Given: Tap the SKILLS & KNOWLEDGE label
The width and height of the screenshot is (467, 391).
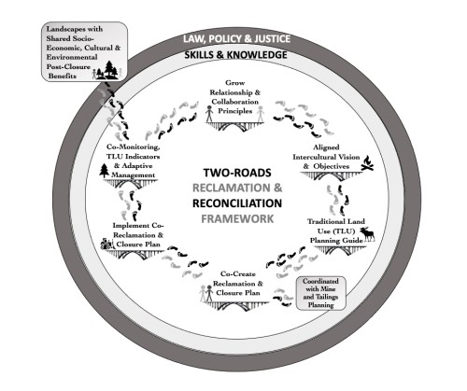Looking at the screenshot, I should [x=233, y=57].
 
